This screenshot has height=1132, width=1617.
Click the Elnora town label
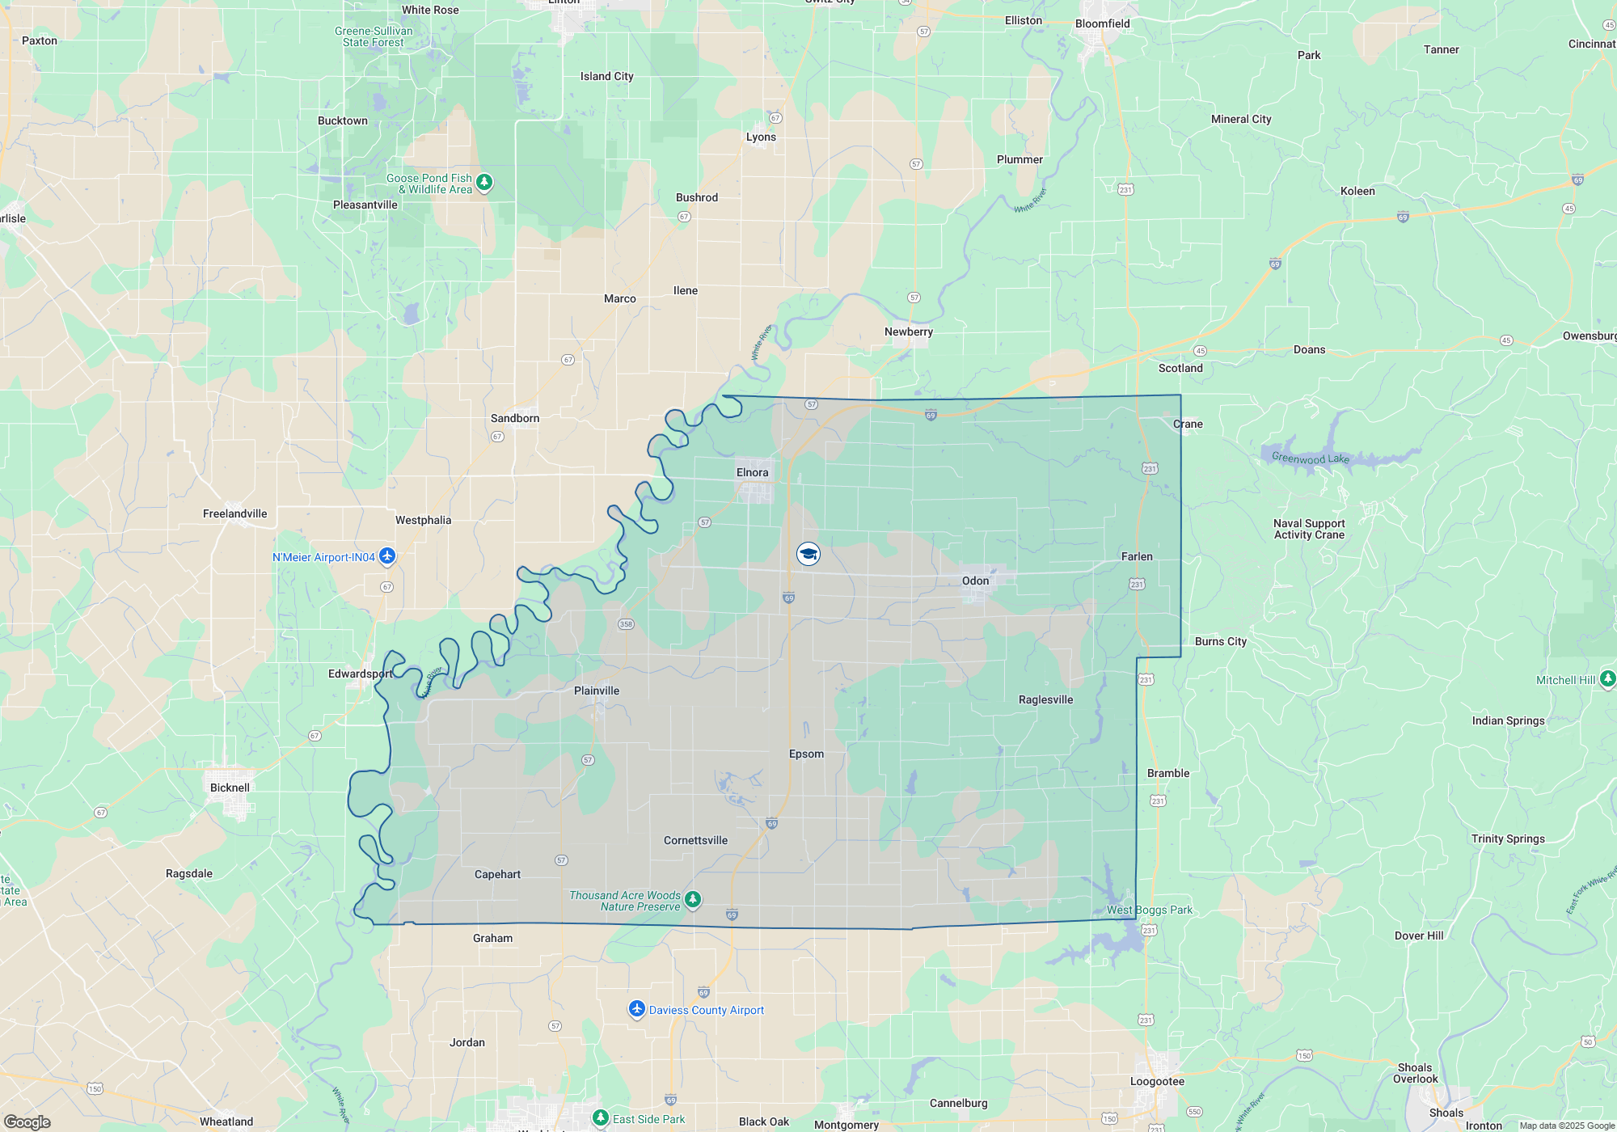(x=752, y=472)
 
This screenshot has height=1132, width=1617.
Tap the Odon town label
(x=975, y=581)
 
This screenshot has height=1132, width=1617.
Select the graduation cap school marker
(x=808, y=554)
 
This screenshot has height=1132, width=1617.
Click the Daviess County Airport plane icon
(x=637, y=1009)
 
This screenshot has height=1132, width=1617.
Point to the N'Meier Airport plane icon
(x=387, y=556)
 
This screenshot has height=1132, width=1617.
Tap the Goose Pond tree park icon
(x=484, y=183)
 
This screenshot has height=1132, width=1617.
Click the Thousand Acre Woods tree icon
(x=693, y=900)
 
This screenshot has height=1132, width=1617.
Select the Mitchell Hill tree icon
(x=1607, y=679)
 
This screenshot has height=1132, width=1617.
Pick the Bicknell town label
(x=230, y=788)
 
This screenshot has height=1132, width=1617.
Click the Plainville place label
(x=597, y=691)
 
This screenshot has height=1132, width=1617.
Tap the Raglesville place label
(x=1045, y=699)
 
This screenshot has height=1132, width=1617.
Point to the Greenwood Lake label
(x=1310, y=458)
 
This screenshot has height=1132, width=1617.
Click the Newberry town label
(x=909, y=332)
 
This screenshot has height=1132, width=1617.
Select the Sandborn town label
(x=515, y=418)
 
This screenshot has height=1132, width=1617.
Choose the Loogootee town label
(x=1157, y=1081)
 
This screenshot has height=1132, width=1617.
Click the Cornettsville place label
(x=695, y=840)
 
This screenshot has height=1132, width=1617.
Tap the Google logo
(x=27, y=1121)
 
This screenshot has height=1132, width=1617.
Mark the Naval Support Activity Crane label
(x=1309, y=529)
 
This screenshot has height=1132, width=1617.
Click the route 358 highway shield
(x=626, y=624)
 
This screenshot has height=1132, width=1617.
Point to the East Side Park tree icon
(x=600, y=1118)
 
